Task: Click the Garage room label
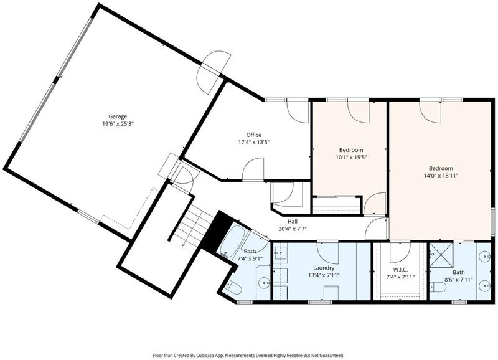pyautogui.click(x=118, y=116)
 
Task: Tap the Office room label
pyautogui.click(x=254, y=135)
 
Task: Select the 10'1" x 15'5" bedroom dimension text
pyautogui.click(x=351, y=157)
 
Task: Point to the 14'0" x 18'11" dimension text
pyautogui.click(x=441, y=176)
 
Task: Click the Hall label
pyautogui.click(x=293, y=222)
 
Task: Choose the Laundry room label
pyautogui.click(x=324, y=268)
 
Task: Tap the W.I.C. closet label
pyautogui.click(x=400, y=270)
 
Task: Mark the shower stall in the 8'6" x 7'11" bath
pyautogui.click(x=441, y=255)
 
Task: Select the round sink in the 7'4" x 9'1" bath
pyautogui.click(x=263, y=282)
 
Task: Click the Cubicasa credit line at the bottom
pyautogui.click(x=248, y=355)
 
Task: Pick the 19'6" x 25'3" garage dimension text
pyautogui.click(x=118, y=124)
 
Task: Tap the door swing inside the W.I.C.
pyautogui.click(x=400, y=253)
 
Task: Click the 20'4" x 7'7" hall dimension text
pyautogui.click(x=293, y=229)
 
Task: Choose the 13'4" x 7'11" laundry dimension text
pyautogui.click(x=324, y=275)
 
